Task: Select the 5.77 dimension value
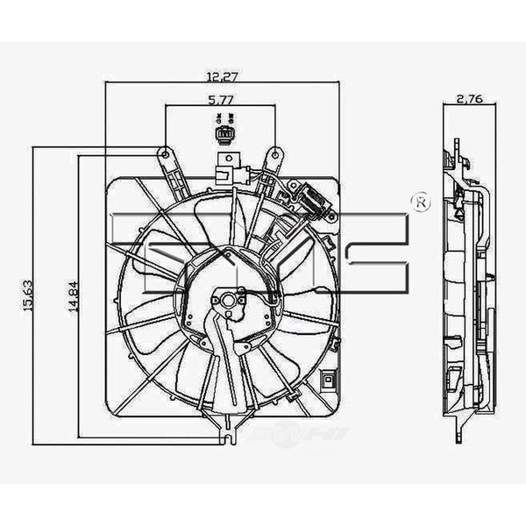coord(221,101)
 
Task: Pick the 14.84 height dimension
coord(75,295)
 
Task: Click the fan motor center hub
coord(230,301)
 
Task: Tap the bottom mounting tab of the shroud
coord(228,432)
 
